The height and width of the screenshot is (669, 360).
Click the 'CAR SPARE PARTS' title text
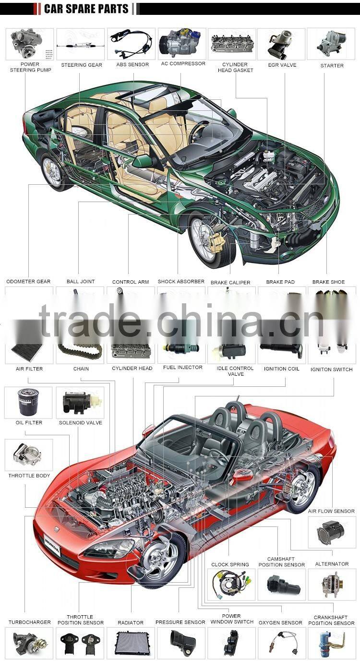(86, 9)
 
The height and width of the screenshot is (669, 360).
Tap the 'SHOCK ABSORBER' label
(181, 281)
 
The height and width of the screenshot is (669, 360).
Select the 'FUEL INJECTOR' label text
(182, 368)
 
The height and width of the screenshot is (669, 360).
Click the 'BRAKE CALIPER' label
(230, 282)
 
